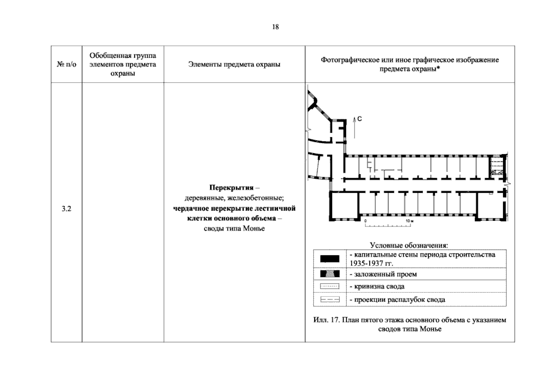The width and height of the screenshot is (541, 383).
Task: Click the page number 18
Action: [x=275, y=27]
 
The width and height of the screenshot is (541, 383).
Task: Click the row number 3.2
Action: [x=66, y=208]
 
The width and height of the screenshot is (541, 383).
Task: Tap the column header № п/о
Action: [x=66, y=64]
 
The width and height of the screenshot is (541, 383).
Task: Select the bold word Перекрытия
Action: [x=231, y=188]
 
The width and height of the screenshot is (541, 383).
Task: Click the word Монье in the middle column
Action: [x=254, y=228]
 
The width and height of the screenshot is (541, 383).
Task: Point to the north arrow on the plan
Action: [x=354, y=128]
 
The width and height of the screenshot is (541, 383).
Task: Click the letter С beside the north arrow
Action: [x=359, y=119]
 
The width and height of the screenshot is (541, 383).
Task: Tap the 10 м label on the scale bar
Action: [x=410, y=221]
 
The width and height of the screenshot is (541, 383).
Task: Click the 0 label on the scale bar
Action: [x=366, y=221]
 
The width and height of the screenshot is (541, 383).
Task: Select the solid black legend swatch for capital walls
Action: [x=330, y=259]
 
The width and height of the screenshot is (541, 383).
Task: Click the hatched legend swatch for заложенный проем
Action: [x=330, y=274]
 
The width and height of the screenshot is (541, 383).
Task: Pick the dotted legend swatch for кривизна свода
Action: [x=330, y=286]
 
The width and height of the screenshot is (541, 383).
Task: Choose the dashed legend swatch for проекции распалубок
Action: [x=330, y=300]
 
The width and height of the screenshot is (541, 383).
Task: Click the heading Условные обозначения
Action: [x=409, y=245]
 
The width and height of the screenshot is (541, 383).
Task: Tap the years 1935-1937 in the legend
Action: [x=366, y=263]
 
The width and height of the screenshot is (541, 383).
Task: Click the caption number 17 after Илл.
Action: [x=335, y=320]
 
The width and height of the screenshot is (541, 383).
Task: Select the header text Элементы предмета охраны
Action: [x=234, y=64]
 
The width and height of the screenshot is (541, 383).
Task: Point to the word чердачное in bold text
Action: [x=191, y=208]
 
